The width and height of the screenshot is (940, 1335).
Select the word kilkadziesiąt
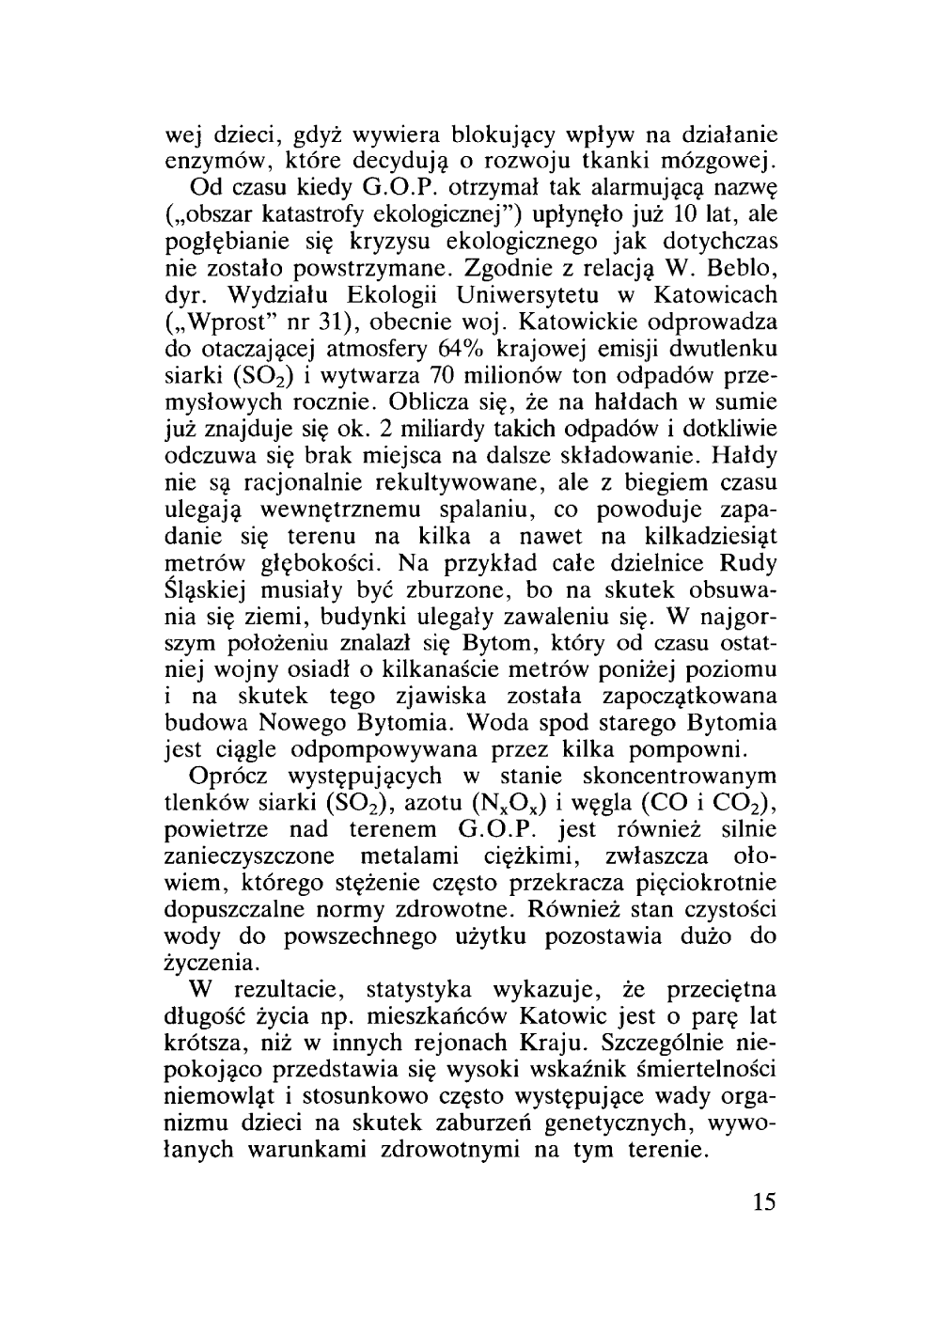pyautogui.click(x=706, y=537)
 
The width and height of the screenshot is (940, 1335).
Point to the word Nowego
pyautogui.click(x=322, y=725)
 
